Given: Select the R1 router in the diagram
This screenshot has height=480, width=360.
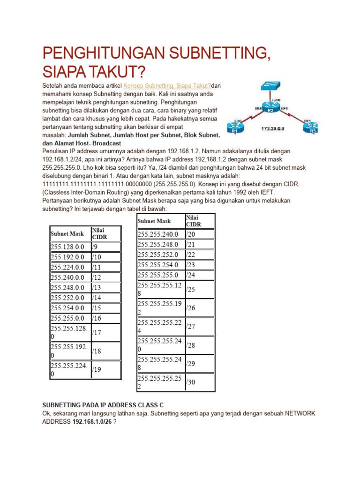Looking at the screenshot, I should coord(234,127).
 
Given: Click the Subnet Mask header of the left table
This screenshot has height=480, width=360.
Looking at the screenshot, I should coord(67,233).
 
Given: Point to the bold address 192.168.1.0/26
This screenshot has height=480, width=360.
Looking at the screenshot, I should coord(91,422).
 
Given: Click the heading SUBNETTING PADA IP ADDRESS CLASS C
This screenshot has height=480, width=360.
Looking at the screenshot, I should coord(103,405).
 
